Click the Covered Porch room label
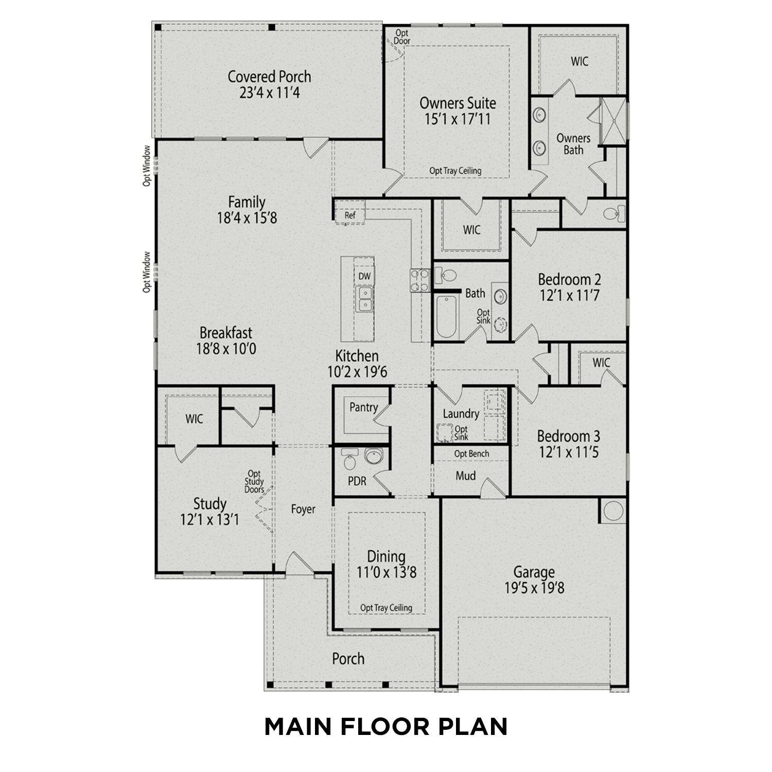[x=269, y=77]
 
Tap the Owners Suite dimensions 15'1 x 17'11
[x=457, y=119]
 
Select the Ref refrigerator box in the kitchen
[x=350, y=214]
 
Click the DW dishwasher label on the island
[x=364, y=276]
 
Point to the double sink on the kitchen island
[x=365, y=299]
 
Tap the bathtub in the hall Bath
[x=446, y=316]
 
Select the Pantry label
[x=363, y=407]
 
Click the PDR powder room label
[x=357, y=481]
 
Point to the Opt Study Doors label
[x=254, y=482]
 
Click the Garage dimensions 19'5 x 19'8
[x=534, y=588]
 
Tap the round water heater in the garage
[x=613, y=511]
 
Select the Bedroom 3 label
[x=568, y=436]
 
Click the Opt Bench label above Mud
[x=471, y=454]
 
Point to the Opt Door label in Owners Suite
[x=402, y=37]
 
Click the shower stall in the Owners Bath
[x=613, y=120]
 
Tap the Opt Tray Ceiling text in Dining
[x=386, y=608]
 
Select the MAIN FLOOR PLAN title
[x=386, y=726]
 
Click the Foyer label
[x=303, y=509]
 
